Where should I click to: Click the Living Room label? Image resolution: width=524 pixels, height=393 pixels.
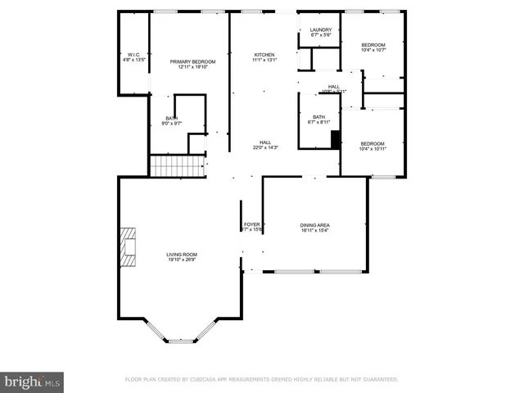click(182, 255)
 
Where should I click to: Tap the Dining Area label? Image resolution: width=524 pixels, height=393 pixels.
click(314, 224)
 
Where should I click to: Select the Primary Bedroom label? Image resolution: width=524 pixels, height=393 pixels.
click(192, 62)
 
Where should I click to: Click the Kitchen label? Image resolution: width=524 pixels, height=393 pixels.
click(264, 54)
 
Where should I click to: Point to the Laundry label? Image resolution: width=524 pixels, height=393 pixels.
click(320, 29)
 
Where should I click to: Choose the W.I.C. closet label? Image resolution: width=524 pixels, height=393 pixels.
click(133, 54)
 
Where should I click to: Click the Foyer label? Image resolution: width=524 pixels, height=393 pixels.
click(251, 224)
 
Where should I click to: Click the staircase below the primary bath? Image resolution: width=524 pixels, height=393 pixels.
click(176, 166)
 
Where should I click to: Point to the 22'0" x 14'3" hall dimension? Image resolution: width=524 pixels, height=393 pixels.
click(265, 147)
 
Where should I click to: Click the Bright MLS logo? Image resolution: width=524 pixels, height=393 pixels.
click(33, 382)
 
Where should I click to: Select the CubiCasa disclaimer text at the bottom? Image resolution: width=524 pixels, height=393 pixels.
click(261, 379)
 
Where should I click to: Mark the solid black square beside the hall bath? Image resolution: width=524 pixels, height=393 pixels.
click(335, 138)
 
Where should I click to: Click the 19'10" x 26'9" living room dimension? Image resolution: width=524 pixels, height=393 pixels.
click(182, 260)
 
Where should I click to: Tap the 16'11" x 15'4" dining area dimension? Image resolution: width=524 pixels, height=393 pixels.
click(314, 230)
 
